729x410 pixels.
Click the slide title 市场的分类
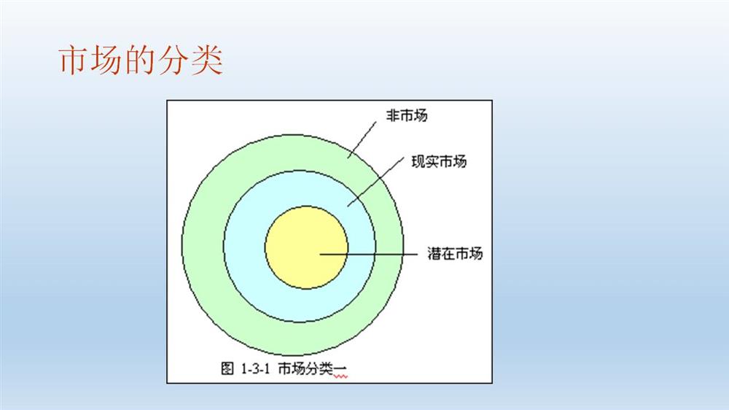[141, 60]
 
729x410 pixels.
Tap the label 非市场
[407, 115]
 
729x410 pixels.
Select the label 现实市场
[439, 161]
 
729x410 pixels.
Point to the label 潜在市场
[455, 254]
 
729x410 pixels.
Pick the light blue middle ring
[244, 247]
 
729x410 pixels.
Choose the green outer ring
[202, 247]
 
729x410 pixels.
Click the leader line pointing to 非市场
[362, 139]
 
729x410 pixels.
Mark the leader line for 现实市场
[375, 182]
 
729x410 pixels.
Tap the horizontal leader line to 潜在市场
[369, 254]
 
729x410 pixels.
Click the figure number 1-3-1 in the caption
[255, 369]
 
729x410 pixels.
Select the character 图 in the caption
[227, 368]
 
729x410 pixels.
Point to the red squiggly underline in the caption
[340, 376]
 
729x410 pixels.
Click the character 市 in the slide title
[74, 60]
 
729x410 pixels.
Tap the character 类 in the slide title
[207, 60]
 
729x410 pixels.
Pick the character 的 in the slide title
[141, 60]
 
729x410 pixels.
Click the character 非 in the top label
[393, 115]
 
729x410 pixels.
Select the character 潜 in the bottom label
[434, 254]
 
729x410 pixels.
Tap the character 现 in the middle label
[418, 161]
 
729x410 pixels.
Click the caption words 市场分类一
[313, 369]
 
